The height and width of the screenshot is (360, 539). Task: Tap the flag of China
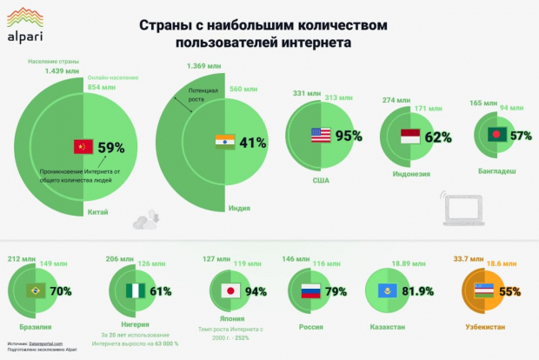(83, 146)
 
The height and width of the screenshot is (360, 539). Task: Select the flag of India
(224, 143)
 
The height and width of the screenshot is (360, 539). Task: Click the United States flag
(321, 136)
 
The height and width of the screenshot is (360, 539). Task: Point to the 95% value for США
(349, 136)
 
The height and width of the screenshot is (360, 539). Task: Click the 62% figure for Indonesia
(438, 137)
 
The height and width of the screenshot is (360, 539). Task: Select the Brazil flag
(37, 291)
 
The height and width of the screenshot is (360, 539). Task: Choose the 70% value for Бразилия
(60, 291)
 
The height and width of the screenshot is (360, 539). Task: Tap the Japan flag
(230, 291)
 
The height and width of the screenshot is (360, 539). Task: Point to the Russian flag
(310, 291)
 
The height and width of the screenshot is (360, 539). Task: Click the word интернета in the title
(301, 41)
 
